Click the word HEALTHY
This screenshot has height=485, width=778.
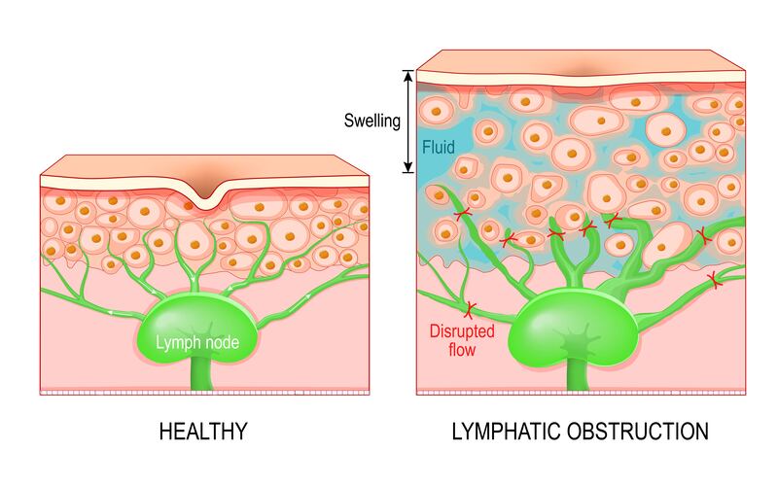pos(203,432)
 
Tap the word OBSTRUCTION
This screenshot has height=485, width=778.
pos(638,432)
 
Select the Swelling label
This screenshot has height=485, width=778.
pos(372,121)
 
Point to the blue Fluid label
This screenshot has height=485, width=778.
pos(439,148)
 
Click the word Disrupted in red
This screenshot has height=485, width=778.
pos(462,331)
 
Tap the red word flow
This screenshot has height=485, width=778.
pos(462,350)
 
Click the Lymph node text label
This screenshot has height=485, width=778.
pos(197,342)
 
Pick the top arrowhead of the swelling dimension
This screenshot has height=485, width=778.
pos(407,76)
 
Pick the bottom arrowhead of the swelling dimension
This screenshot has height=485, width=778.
pos(407,167)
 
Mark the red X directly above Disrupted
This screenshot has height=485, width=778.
pos(470,310)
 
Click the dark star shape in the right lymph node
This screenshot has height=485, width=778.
pos(579,341)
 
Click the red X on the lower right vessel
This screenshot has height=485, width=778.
pos(714,281)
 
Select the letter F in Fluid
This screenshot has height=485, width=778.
pos(426,148)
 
